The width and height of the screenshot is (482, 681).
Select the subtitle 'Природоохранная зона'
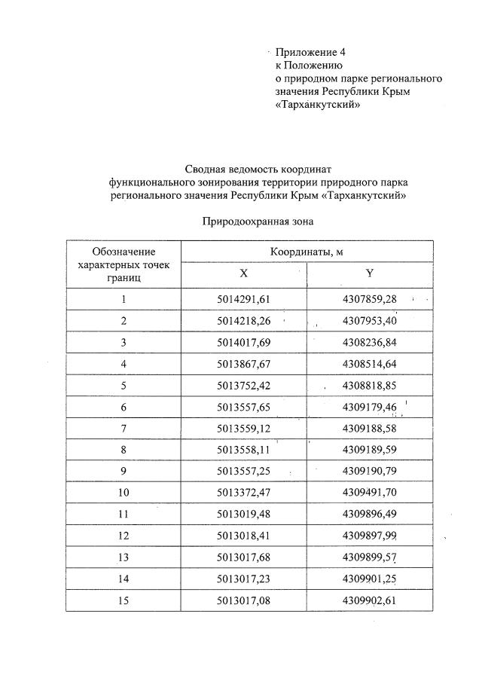[257, 221]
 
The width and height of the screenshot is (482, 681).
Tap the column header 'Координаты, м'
[307, 251]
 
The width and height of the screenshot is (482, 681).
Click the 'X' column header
[243, 274]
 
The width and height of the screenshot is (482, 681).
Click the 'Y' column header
[369, 274]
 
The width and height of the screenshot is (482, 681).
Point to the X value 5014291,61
[243, 300]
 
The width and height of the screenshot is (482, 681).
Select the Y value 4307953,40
[369, 321]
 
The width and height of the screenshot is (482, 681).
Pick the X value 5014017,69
[243, 343]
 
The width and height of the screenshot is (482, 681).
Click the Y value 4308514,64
[369, 364]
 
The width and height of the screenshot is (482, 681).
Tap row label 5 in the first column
[124, 386]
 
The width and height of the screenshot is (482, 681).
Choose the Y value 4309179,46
[369, 407]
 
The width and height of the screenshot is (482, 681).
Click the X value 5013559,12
[243, 429]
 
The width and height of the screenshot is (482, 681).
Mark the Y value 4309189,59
[369, 450]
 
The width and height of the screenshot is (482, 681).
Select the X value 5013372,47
[243, 493]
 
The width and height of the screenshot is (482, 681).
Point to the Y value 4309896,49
[369, 514]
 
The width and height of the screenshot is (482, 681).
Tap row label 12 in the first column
[124, 536]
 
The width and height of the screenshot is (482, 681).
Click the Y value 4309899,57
[369, 557]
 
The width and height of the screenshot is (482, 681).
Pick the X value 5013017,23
[243, 579]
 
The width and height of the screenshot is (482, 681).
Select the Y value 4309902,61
[369, 600]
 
